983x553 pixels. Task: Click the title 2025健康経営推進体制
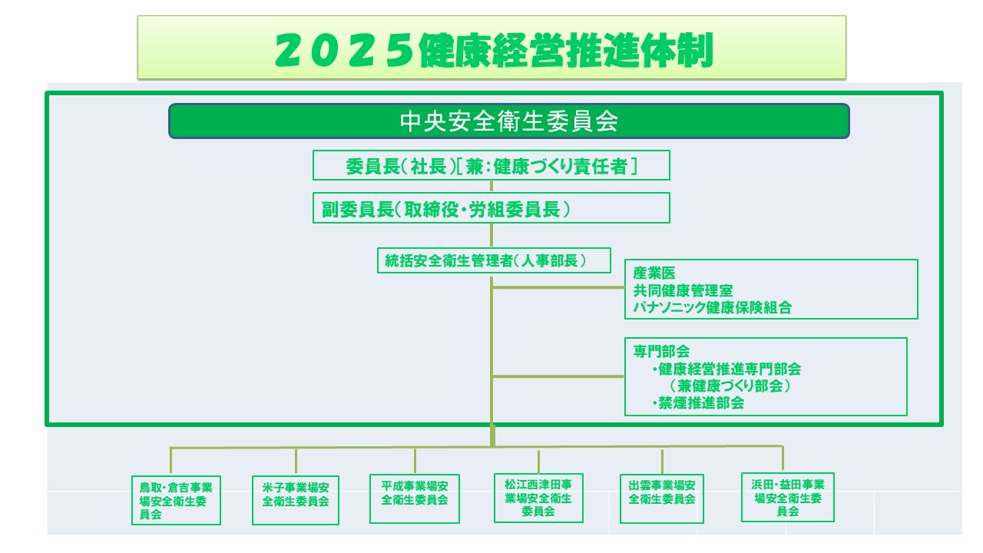[494, 50]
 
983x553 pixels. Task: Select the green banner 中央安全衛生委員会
[509, 121]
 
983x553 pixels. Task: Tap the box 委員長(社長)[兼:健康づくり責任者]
[491, 165]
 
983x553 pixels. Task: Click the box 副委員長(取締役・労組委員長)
[491, 208]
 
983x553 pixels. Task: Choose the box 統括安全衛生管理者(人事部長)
[494, 260]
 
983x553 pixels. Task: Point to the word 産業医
[654, 273]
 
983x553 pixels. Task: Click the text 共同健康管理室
[683, 290]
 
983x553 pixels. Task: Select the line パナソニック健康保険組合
[712, 307]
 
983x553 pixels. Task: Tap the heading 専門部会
[661, 351]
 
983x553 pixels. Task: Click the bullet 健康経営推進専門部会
[726, 369]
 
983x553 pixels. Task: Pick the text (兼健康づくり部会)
[730, 386]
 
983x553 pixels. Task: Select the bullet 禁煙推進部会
[699, 403]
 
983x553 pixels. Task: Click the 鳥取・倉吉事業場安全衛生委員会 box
[176, 500]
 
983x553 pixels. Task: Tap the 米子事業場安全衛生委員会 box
[296, 500]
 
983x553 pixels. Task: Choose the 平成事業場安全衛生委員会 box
[415, 498]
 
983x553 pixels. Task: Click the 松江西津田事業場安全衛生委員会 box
[538, 498]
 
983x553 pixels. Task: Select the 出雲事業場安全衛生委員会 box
[662, 498]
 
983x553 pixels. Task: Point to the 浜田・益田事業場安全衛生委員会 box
[788, 497]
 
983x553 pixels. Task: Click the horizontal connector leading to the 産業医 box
[558, 287]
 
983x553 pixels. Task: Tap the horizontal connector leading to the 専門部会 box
[558, 376]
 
